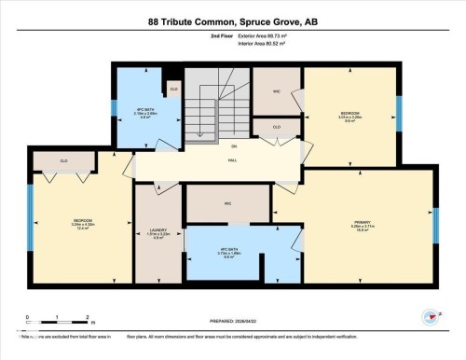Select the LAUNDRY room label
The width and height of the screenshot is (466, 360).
tap(158, 231)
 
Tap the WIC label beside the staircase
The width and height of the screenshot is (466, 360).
tap(276, 91)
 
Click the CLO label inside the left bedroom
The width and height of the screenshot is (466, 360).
tap(49, 159)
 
